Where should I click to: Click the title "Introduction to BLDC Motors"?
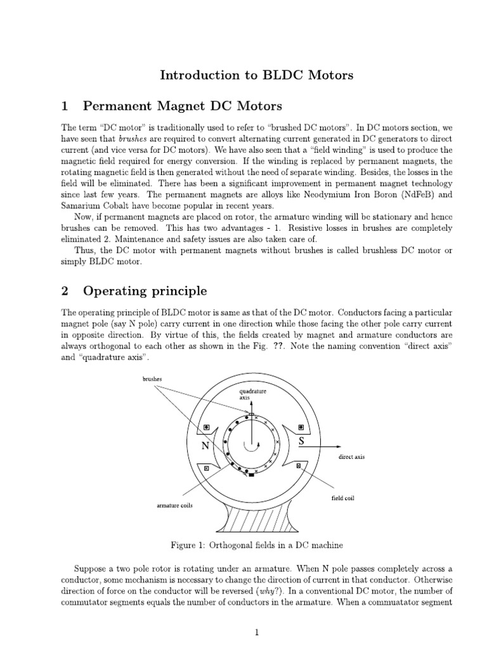pos(256,75)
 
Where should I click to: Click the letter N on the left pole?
pos(205,446)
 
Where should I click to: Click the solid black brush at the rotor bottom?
pos(251,475)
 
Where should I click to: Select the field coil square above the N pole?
pos(204,427)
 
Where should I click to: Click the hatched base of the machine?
pos(252,519)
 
